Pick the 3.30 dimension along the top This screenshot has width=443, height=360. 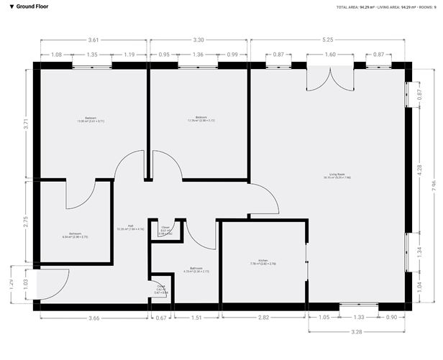(x=199, y=40)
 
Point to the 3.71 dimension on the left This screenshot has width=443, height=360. (x=27, y=123)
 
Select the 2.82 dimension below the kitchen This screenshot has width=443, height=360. (x=263, y=317)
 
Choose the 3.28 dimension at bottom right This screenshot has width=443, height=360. (x=357, y=333)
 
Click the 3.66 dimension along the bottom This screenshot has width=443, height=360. (x=93, y=317)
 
